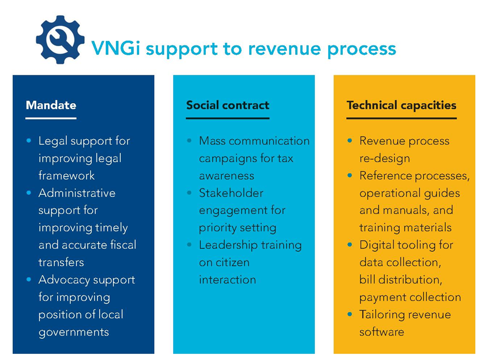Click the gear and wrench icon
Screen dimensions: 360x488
click(x=60, y=40)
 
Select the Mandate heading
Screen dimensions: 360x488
click(x=51, y=105)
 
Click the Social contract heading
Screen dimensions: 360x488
click(x=227, y=105)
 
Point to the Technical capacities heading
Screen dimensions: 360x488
click(x=401, y=105)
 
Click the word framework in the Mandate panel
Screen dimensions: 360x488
click(x=67, y=175)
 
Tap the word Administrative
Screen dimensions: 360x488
click(x=77, y=193)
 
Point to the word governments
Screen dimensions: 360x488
click(x=74, y=332)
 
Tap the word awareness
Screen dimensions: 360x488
click(x=227, y=175)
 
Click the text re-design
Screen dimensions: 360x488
click(x=385, y=158)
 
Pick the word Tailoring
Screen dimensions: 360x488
click(x=383, y=315)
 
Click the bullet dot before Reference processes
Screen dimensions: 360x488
click(x=349, y=176)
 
